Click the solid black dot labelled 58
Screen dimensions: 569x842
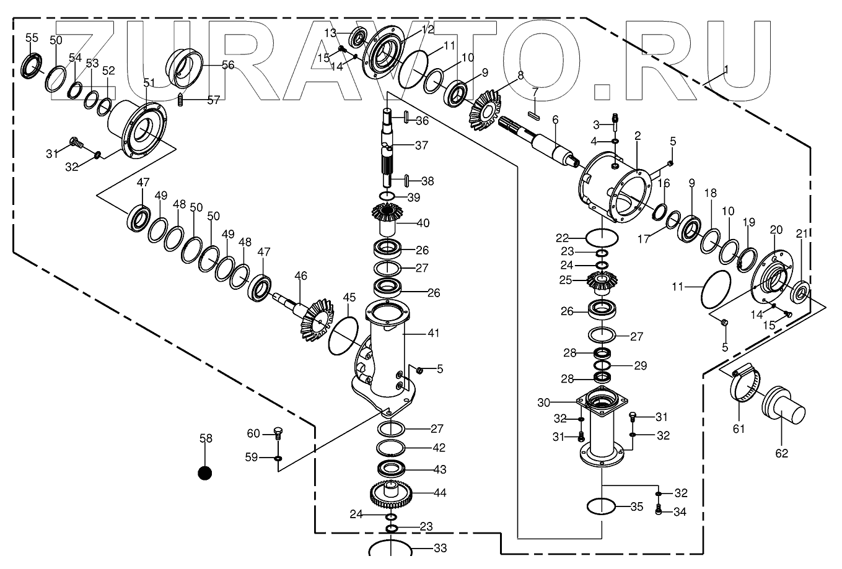(x=204, y=473)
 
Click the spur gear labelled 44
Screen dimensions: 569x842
(x=392, y=493)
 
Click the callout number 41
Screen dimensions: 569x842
(x=433, y=333)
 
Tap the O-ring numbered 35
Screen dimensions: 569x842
(x=601, y=506)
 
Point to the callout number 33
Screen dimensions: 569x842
(x=440, y=548)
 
